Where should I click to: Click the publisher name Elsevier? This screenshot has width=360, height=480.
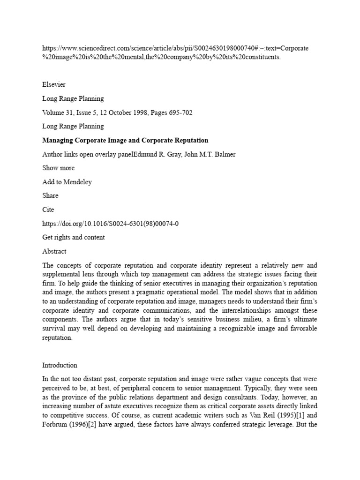54,84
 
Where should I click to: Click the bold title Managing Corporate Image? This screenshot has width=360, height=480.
125,140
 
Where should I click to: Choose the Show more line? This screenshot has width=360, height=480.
58,168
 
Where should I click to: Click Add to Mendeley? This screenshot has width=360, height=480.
67,182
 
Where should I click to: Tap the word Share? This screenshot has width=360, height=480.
50,196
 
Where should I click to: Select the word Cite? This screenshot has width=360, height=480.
48,210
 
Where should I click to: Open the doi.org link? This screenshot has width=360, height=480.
110,224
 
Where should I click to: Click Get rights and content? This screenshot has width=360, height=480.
74,237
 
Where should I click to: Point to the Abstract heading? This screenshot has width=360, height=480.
54,251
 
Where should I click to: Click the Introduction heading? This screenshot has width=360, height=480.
60,365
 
